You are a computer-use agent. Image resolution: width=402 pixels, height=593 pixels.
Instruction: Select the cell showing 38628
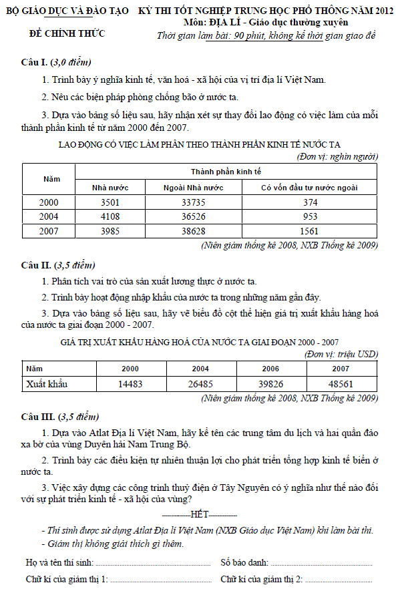[x=203, y=231]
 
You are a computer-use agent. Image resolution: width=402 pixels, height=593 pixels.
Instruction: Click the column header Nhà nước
[x=110, y=188]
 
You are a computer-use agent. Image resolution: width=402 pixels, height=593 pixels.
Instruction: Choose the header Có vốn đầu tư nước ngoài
[x=309, y=188]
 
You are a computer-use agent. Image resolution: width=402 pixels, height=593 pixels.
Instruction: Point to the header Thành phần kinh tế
[x=226, y=172]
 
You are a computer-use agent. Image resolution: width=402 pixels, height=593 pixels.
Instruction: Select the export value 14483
[x=130, y=384]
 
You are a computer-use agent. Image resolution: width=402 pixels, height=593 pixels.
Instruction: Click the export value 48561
[x=341, y=384]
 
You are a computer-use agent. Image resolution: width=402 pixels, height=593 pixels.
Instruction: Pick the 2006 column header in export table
[x=270, y=369]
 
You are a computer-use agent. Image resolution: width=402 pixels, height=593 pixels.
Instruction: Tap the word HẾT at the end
[x=200, y=515]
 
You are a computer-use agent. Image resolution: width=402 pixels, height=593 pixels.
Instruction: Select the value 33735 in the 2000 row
[x=203, y=202]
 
